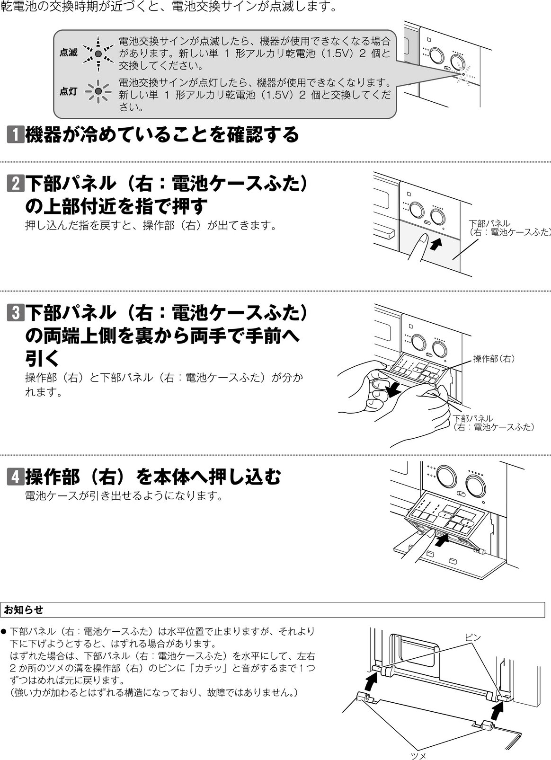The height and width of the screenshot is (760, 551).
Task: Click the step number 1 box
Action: tap(15, 134)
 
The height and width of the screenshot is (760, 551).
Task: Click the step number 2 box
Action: tap(15, 183)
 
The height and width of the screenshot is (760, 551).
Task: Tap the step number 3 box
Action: tap(15, 312)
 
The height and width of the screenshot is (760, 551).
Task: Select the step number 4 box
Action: tap(15, 477)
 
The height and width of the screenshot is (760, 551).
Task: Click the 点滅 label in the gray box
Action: tap(68, 53)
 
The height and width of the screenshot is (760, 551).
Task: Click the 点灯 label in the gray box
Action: tap(68, 91)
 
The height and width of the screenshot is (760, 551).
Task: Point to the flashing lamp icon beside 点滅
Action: tap(98, 53)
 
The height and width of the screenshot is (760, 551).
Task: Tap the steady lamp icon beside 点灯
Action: tap(98, 91)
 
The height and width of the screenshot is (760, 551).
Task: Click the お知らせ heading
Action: tap(23, 610)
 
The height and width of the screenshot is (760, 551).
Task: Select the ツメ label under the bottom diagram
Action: tap(418, 756)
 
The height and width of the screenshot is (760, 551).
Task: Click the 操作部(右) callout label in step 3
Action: tap(494, 359)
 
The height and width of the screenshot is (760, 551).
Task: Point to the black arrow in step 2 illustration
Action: tap(436, 244)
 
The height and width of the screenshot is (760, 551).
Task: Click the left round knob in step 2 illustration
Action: tap(417, 210)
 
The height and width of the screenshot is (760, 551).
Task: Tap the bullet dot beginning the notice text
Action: tap(4, 632)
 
